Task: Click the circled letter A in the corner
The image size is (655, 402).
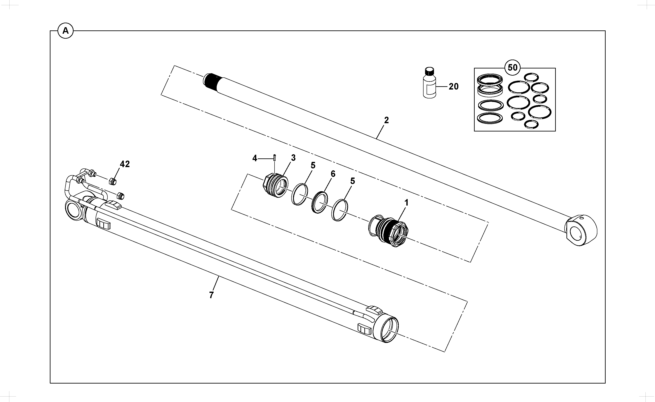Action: [65, 31]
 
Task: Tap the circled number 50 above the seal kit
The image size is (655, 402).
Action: [513, 68]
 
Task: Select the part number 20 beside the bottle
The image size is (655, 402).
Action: [454, 86]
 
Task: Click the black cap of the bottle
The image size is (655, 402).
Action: [429, 71]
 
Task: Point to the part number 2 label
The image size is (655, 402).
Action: [387, 120]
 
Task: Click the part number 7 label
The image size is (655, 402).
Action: [211, 295]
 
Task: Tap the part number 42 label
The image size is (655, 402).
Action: [125, 164]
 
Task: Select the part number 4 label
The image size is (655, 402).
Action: [255, 158]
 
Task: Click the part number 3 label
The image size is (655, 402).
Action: [293, 158]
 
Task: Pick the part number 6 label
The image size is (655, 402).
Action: [333, 174]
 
